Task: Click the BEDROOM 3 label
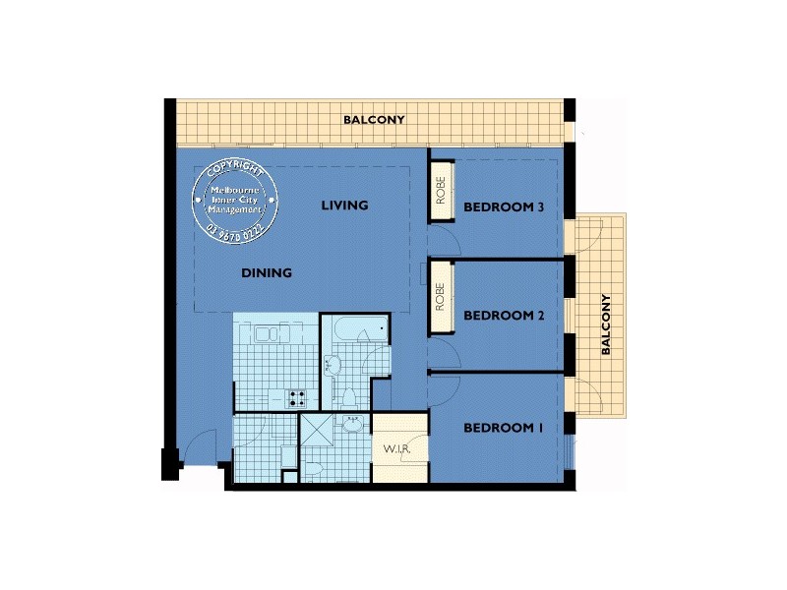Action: point(504,206)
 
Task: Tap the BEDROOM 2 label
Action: point(504,316)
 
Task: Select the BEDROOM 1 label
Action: point(503,428)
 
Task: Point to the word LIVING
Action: point(344,206)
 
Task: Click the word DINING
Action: point(267,273)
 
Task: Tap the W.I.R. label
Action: point(396,449)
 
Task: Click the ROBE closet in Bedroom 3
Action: point(440,189)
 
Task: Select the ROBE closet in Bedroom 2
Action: point(440,297)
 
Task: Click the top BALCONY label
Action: point(374,120)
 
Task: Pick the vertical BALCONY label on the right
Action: point(606,324)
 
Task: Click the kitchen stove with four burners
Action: point(295,398)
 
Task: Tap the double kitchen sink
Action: point(266,335)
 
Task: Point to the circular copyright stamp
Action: point(240,201)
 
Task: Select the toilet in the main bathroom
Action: point(347,395)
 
